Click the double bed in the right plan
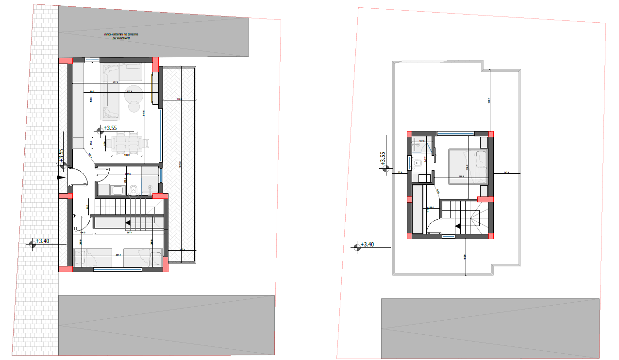468,166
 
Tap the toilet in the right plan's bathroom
418,164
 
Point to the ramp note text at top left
122,36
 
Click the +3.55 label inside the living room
110,128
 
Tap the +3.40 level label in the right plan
367,244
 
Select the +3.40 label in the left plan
42,241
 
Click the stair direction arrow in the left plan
128,223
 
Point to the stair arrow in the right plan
458,225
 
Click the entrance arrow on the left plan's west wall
60,178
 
